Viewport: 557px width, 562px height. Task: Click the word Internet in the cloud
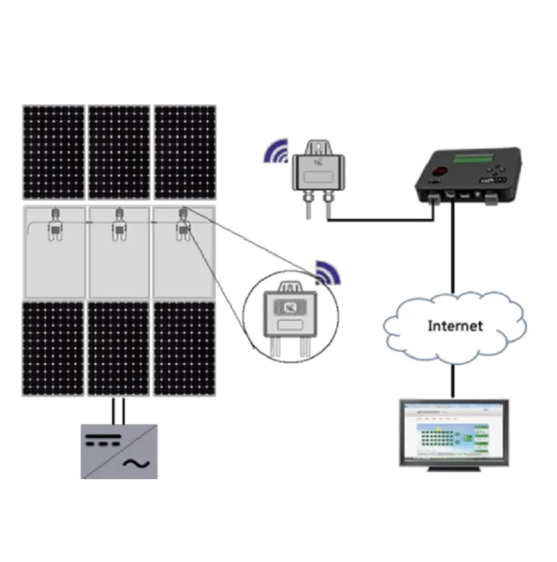pyautogui.click(x=455, y=325)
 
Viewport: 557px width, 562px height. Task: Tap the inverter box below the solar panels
pyautogui.click(x=119, y=451)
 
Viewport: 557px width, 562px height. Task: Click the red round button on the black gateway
pyautogui.click(x=439, y=171)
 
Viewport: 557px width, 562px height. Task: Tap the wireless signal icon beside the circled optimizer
pyautogui.click(x=328, y=273)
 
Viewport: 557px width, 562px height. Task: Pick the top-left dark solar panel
pyautogui.click(x=54, y=152)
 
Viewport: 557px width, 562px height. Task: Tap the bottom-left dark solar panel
pyautogui.click(x=54, y=348)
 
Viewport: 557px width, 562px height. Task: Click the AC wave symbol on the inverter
pyautogui.click(x=132, y=463)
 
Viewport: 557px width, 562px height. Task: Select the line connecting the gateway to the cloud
pyautogui.click(x=454, y=251)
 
